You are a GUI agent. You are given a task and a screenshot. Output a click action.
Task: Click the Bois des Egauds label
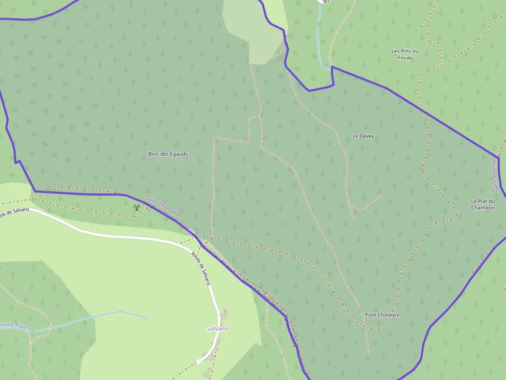[x=168, y=154]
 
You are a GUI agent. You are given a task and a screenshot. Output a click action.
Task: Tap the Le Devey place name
[x=363, y=136]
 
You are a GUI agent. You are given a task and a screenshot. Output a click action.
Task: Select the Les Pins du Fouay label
[x=405, y=54]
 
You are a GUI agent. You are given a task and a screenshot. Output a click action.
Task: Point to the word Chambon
[x=483, y=208]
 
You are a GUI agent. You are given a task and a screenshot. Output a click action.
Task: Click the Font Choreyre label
[x=382, y=315]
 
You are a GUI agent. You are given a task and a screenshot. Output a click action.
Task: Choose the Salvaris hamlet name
[x=217, y=328]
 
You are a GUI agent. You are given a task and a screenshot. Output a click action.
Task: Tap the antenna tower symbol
[x=136, y=207]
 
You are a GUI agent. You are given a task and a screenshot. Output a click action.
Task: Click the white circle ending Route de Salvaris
[x=198, y=361]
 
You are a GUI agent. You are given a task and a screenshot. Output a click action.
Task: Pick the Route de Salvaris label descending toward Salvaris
[x=201, y=269]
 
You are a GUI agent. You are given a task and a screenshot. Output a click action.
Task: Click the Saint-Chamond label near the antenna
[x=163, y=206]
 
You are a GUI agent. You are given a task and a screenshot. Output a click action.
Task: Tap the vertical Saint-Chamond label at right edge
[x=494, y=172]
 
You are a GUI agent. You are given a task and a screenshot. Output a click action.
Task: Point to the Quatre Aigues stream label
[x=15, y=325]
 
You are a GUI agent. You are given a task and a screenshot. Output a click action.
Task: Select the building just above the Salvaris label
[x=223, y=315]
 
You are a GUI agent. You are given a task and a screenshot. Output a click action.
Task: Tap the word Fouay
[x=405, y=58]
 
